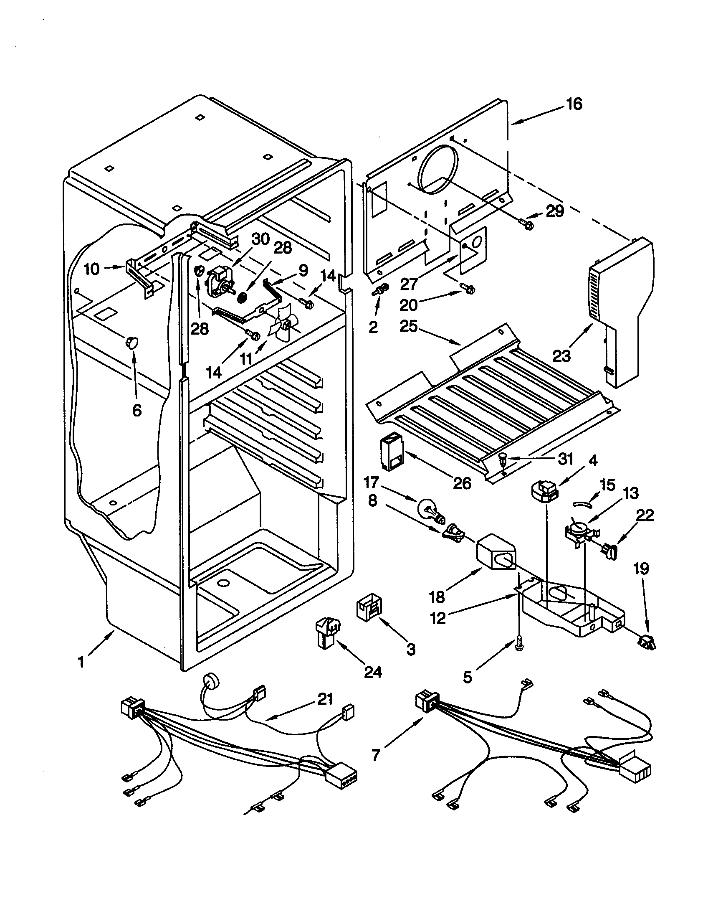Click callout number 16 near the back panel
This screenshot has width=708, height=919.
pos(574,104)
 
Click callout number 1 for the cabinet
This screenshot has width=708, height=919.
pos(81,662)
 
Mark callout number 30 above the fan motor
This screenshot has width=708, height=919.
pos(260,239)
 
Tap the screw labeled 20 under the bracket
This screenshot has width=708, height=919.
pos(468,289)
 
